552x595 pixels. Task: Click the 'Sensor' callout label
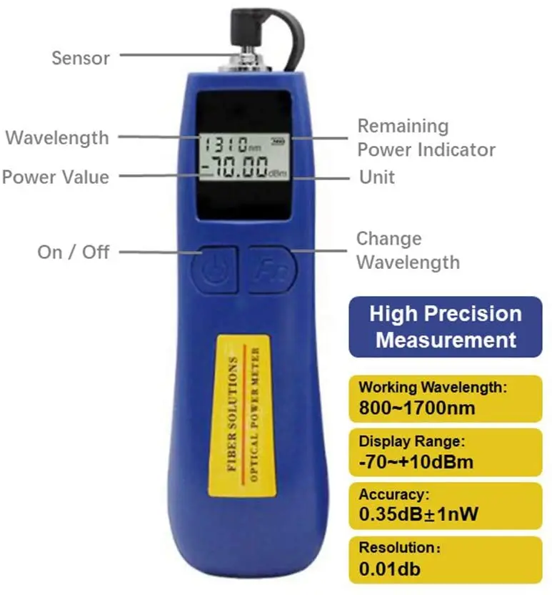coord(81,57)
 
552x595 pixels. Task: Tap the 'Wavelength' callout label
coord(57,137)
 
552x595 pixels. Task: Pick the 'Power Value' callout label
coord(56,177)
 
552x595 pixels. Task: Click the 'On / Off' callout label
coord(73,252)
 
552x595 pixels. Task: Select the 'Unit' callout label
coord(376,177)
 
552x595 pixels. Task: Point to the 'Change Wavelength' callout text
coord(408,250)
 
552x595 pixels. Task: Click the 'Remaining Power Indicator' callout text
coord(426,138)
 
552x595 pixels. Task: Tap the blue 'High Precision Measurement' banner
coord(445,326)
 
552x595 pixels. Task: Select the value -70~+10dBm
coord(416,461)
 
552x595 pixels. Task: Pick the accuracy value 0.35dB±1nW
coord(420,513)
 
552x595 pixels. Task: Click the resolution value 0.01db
coord(390,569)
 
